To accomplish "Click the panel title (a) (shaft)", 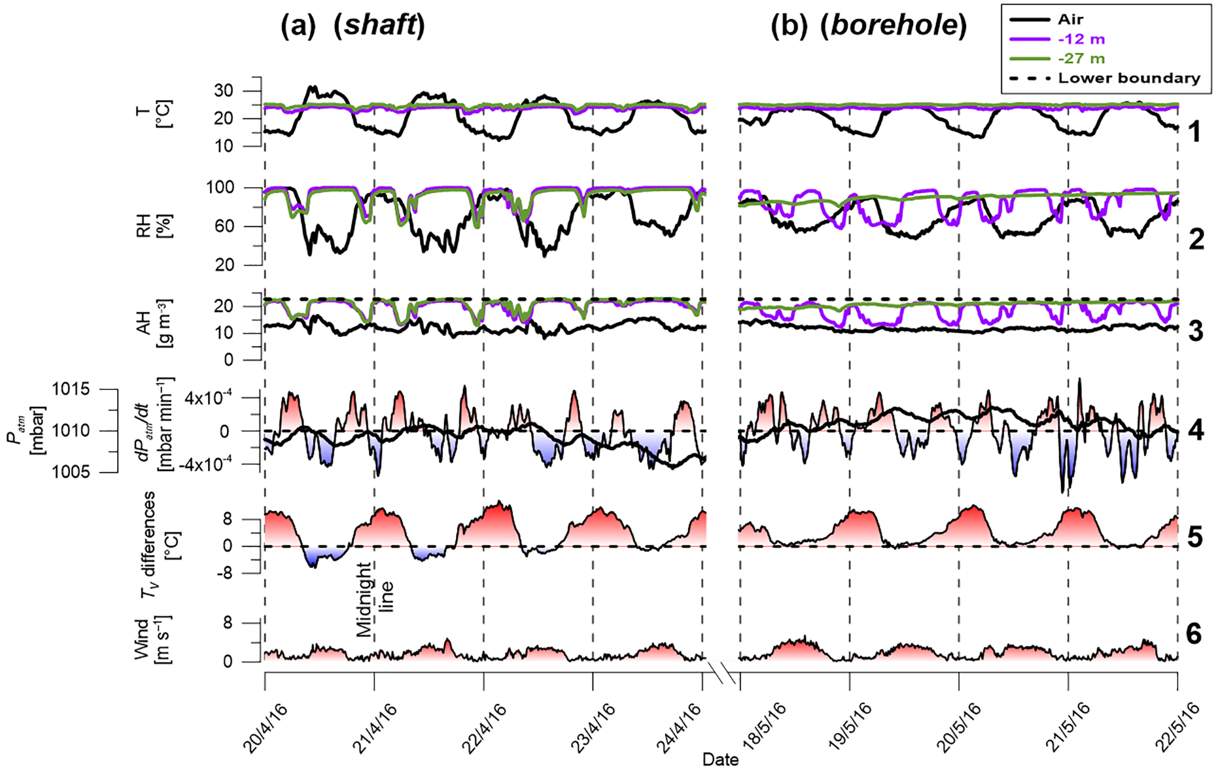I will [352, 26].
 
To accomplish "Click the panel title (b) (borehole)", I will [869, 26].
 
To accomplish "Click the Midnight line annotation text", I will [374, 599].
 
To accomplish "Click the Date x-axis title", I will [720, 760].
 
